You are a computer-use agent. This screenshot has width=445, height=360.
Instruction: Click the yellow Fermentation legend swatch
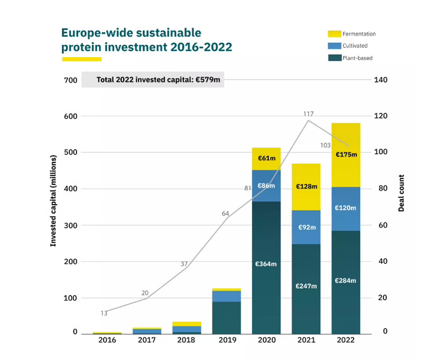point(334,34)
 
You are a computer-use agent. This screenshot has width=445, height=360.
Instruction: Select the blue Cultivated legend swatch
point(334,45)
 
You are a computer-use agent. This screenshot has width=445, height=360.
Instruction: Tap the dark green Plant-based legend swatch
point(334,57)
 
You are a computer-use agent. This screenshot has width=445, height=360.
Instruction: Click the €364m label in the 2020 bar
point(266,264)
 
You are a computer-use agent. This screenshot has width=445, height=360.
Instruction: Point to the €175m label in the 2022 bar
point(346,154)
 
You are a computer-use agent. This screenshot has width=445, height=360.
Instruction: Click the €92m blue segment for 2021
point(306,228)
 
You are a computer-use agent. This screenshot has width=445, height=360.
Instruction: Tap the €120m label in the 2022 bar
point(346,207)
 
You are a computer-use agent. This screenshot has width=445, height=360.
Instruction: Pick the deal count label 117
point(308,114)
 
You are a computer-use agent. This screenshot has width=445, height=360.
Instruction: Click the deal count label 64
point(225,214)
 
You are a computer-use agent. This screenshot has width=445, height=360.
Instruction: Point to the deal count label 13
point(104,313)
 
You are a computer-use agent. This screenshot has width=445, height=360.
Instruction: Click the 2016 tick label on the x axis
point(106,340)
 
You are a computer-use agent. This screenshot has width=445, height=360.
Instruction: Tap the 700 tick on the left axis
point(70,80)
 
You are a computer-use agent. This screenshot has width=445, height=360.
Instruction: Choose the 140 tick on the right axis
point(381,80)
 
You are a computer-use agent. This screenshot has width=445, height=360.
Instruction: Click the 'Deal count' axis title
point(401,192)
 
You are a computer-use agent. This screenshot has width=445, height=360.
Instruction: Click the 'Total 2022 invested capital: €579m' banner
point(152,80)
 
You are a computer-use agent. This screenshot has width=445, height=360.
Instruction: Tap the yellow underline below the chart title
point(81,59)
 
